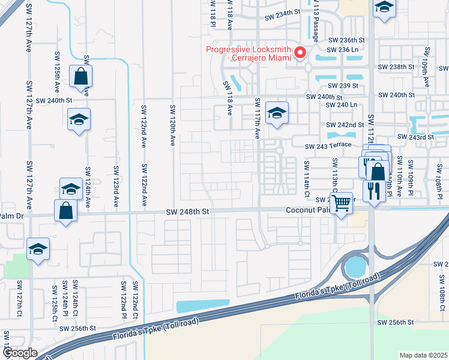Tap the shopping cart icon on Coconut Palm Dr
(x=341, y=203)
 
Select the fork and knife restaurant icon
(x=373, y=191)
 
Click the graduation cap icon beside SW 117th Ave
(x=276, y=112)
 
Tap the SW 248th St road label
(x=188, y=211)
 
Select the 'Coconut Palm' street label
(x=307, y=210)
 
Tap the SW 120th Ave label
(x=172, y=124)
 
